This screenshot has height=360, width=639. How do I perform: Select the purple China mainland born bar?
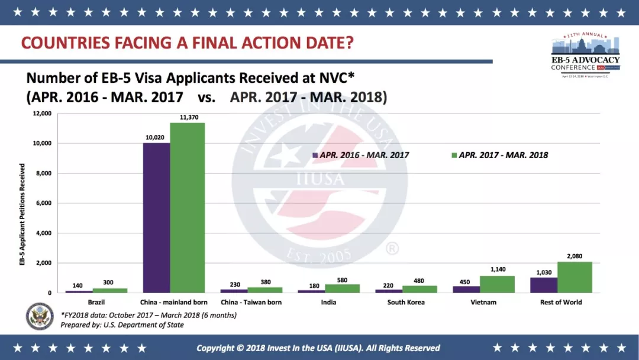click(x=156, y=218)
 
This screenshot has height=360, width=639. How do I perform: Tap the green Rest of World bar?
click(x=575, y=277)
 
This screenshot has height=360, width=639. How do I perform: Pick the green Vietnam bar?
click(x=497, y=284)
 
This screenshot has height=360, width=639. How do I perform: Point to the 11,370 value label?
click(x=188, y=117)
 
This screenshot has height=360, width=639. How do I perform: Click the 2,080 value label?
click(x=575, y=256)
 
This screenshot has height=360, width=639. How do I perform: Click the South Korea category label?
click(x=405, y=303)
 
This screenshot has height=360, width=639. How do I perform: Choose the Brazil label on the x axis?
click(x=96, y=303)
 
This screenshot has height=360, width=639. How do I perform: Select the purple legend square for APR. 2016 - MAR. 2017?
click(x=315, y=155)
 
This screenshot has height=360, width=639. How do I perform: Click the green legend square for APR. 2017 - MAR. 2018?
click(x=454, y=155)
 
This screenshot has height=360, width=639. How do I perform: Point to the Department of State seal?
click(x=40, y=316)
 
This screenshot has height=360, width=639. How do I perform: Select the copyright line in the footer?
click(x=318, y=348)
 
